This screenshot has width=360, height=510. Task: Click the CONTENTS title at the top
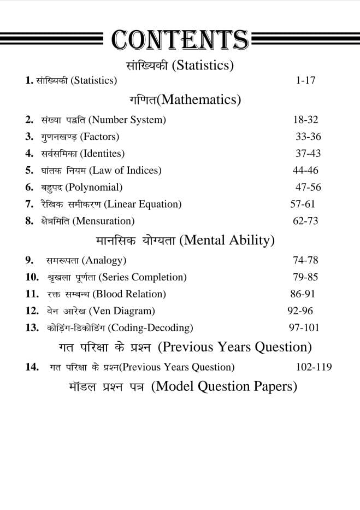click(x=180, y=40)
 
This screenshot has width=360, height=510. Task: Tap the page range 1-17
click(x=305, y=80)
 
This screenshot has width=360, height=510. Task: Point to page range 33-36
click(x=308, y=136)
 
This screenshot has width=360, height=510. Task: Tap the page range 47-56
click(x=308, y=187)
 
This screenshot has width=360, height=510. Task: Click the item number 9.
click(x=29, y=260)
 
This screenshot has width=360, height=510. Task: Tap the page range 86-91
click(x=303, y=294)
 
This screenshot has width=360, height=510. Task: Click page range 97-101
click(x=304, y=327)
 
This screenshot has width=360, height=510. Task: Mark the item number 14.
click(x=32, y=367)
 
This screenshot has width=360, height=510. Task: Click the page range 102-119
click(x=314, y=367)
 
